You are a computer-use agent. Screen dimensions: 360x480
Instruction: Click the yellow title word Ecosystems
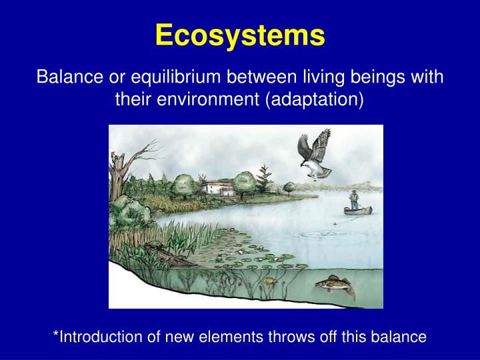point(240,35)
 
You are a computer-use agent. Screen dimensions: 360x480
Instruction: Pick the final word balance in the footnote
point(401,337)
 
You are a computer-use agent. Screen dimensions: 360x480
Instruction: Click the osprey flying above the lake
point(313,155)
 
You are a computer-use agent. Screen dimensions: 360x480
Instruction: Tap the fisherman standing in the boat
point(355,201)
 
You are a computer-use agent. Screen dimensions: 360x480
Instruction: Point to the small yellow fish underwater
point(269,281)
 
